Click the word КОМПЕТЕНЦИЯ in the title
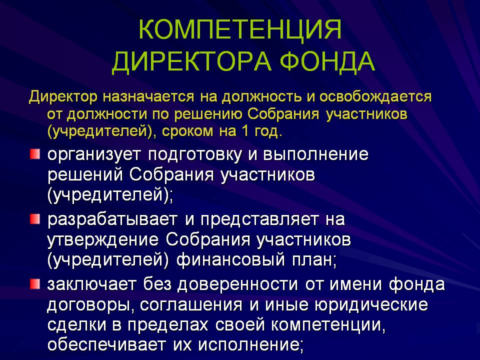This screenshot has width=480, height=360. pos(240,29)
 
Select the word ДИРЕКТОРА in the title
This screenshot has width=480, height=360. pos(191,61)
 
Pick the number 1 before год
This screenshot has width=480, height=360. pos(244,131)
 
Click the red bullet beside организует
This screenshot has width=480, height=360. pos(35,154)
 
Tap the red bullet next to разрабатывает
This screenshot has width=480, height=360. pos(35,219)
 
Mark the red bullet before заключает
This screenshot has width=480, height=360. pos(35,284)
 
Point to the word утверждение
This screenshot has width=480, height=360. pos(103,240)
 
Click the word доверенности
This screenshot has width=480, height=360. pos(237,284)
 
